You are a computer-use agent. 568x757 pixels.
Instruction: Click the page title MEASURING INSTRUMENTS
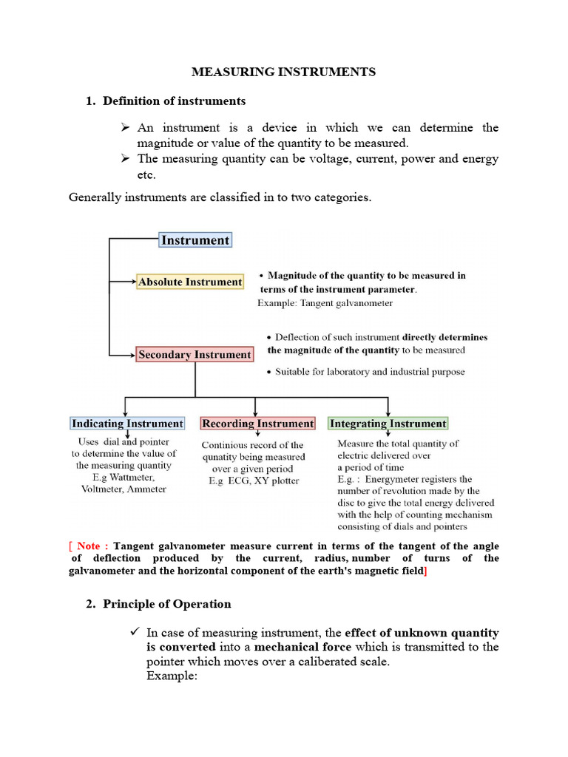(284, 72)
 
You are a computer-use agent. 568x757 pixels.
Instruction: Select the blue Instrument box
(195, 240)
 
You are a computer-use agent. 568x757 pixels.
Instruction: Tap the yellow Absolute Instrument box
(190, 282)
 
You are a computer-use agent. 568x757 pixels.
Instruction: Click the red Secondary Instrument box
(195, 355)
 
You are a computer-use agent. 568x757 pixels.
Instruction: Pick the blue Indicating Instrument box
(126, 424)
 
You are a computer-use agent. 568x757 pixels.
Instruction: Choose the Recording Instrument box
(257, 424)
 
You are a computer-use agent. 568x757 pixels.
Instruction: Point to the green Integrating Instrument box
(388, 424)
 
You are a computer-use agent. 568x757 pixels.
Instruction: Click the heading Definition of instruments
(175, 100)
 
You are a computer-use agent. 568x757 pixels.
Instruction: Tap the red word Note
(88, 546)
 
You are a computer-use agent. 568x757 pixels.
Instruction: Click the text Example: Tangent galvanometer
(325, 303)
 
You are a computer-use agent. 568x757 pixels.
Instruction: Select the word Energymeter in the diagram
(400, 479)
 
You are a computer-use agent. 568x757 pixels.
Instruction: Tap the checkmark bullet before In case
(134, 631)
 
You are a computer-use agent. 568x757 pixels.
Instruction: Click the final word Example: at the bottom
(172, 676)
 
